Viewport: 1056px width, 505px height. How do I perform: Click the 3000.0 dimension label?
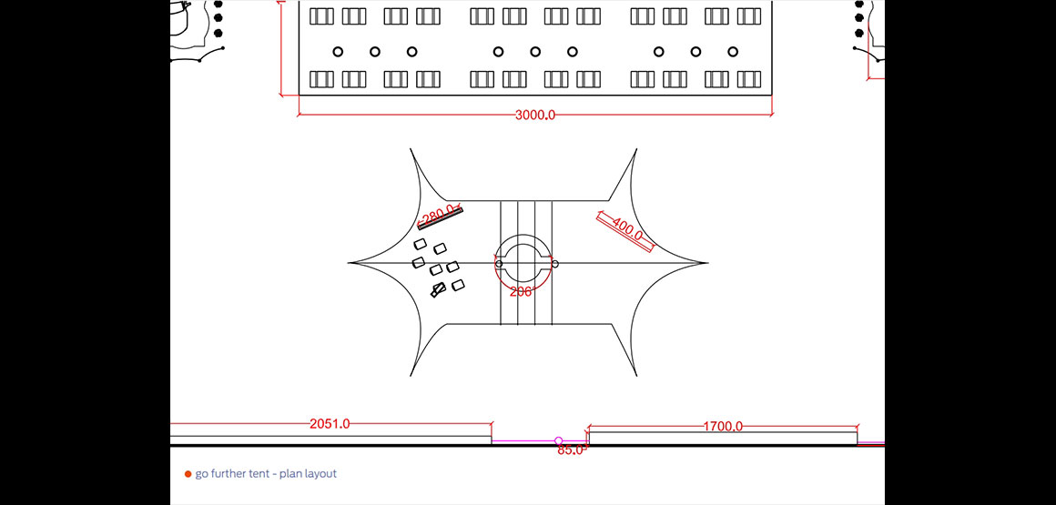pos(535,116)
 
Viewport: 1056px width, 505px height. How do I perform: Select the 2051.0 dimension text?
pos(330,424)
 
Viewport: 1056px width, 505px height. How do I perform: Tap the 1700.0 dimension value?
pos(723,426)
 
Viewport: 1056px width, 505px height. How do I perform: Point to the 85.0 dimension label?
pos(570,449)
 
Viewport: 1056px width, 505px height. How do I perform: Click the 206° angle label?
pos(521,292)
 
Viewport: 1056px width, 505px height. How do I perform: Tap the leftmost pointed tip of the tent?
pos(350,263)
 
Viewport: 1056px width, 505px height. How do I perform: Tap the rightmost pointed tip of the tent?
pos(707,263)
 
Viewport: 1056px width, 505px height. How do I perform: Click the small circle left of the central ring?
pos(499,264)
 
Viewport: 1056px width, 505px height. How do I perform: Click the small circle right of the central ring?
pos(554,264)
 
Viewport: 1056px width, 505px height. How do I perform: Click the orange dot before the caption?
pos(188,474)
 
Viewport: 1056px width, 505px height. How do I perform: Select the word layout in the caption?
pos(321,474)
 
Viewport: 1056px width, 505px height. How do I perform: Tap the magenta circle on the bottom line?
pos(559,441)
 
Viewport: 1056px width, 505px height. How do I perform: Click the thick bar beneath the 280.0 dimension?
pos(441,218)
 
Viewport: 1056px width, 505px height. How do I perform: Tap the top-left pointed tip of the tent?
pos(411,150)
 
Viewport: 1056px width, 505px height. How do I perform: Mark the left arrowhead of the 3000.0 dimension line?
pos(300,116)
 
